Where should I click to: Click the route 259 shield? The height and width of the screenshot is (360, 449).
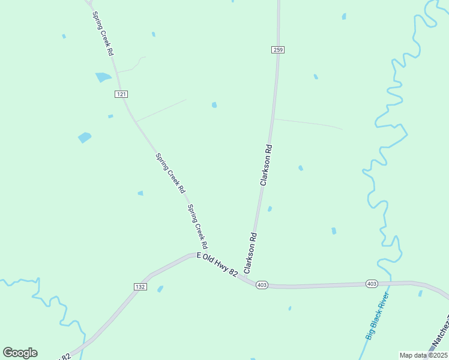click(277, 49)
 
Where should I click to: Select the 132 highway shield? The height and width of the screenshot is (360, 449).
click(140, 287)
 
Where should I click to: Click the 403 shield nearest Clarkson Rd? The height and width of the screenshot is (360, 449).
click(262, 285)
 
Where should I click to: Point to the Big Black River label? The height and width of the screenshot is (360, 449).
click(378, 316)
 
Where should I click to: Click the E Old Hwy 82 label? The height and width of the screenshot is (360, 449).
click(217, 265)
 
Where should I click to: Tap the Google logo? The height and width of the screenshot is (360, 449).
click(20, 353)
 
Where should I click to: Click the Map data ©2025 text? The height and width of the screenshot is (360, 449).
click(423, 355)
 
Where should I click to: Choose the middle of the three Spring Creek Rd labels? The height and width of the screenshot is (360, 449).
click(170, 173)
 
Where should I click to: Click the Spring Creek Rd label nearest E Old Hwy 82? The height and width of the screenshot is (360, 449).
click(197, 227)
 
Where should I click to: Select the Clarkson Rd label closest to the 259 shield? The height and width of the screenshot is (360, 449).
click(267, 164)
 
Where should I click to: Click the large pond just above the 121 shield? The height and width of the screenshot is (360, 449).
click(103, 77)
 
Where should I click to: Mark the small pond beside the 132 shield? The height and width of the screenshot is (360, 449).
click(160, 289)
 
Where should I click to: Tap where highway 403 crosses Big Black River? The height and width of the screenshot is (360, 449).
click(390, 281)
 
